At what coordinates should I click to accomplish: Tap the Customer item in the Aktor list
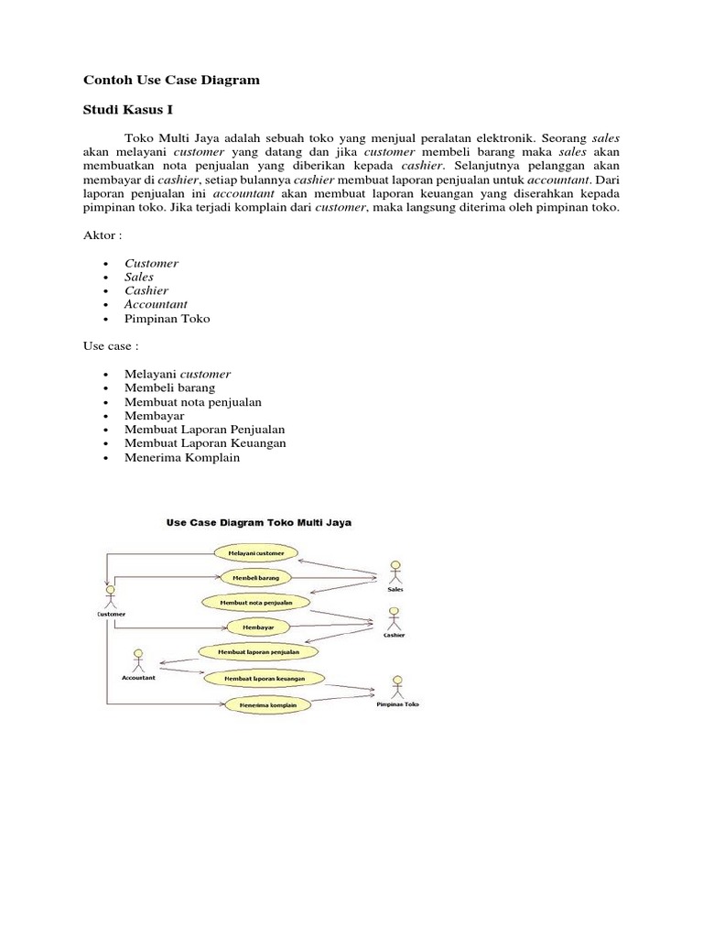point(151,263)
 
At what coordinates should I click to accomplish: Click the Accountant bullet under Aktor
point(156,304)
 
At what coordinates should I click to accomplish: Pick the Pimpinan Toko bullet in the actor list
point(167,318)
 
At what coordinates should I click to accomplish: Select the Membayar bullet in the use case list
point(154,416)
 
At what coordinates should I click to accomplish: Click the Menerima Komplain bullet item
point(181,457)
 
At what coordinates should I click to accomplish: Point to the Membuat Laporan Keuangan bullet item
point(205,443)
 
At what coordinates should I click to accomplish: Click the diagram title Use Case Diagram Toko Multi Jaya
point(259,523)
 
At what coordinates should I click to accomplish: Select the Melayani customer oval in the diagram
point(256,553)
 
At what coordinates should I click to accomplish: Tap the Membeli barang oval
point(256,578)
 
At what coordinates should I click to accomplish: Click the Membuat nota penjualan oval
point(256,603)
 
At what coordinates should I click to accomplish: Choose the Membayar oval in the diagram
point(256,627)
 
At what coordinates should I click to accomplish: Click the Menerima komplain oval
point(262,705)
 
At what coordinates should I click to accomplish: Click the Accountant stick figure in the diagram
point(138,660)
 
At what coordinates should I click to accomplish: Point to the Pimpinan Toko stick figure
point(397,687)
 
